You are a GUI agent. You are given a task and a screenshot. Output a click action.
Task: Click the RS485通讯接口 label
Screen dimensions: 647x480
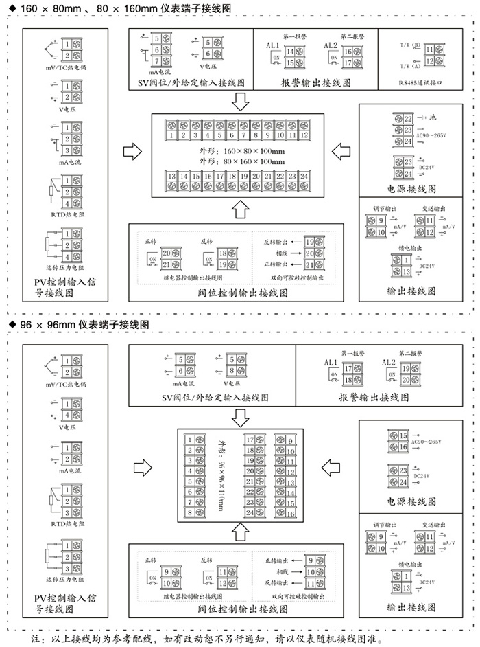coord(420,82)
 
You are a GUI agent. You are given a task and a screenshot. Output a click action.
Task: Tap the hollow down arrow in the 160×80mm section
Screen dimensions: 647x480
coord(239,102)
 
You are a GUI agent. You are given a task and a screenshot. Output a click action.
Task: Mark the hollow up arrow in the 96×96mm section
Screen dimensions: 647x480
coord(239,530)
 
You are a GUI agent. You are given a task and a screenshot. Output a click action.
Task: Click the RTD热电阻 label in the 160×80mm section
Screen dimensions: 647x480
coord(68,213)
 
